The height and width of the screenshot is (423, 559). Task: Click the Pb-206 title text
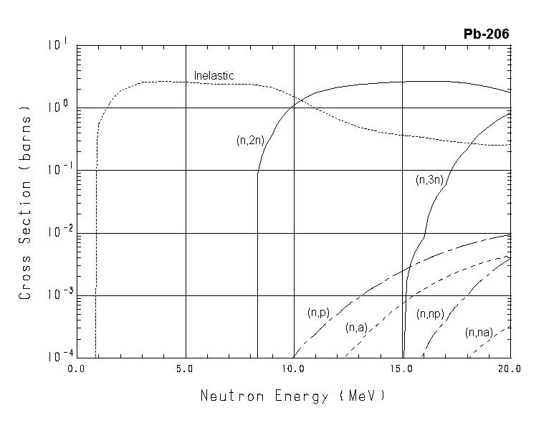pyautogui.click(x=487, y=34)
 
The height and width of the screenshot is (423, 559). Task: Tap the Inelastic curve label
pyautogui.click(x=214, y=76)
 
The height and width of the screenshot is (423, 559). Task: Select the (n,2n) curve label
pyautogui.click(x=250, y=141)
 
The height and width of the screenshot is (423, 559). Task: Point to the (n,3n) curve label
pyautogui.click(x=429, y=180)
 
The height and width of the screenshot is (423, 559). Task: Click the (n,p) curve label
pyautogui.click(x=318, y=313)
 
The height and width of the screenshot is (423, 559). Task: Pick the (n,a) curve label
pyautogui.click(x=356, y=328)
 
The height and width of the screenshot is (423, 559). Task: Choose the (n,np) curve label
pyautogui.click(x=430, y=314)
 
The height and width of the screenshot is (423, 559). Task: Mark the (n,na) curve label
pyautogui.click(x=479, y=333)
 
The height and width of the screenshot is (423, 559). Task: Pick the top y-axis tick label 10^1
pyautogui.click(x=57, y=44)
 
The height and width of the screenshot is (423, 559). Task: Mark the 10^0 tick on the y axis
pyautogui.click(x=57, y=107)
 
